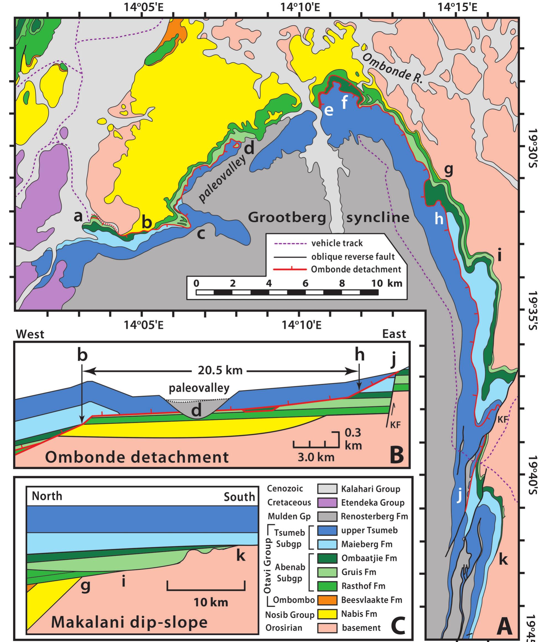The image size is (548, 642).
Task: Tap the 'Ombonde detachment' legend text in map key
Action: pyautogui.click(x=356, y=269)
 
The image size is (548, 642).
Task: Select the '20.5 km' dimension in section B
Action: pyautogui.click(x=220, y=370)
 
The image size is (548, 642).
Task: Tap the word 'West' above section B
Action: pyautogui.click(x=30, y=334)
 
